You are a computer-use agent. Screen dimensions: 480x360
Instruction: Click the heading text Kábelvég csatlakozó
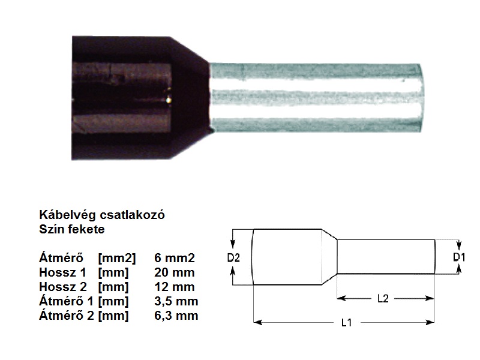click(x=102, y=215)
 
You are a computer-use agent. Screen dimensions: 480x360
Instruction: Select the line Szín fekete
click(x=72, y=229)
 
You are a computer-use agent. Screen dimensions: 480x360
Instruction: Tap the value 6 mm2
click(x=174, y=258)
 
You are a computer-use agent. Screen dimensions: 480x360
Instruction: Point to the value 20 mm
click(x=174, y=272)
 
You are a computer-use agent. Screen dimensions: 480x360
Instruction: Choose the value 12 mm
click(x=174, y=287)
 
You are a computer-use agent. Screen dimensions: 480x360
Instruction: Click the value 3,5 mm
click(x=176, y=301)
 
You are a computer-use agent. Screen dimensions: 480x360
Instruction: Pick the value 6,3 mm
click(x=176, y=316)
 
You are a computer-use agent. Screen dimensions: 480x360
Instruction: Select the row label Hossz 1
click(x=63, y=272)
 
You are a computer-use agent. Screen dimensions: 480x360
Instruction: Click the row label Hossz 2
click(x=63, y=287)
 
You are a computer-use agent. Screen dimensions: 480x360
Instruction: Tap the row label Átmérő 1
click(x=66, y=301)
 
